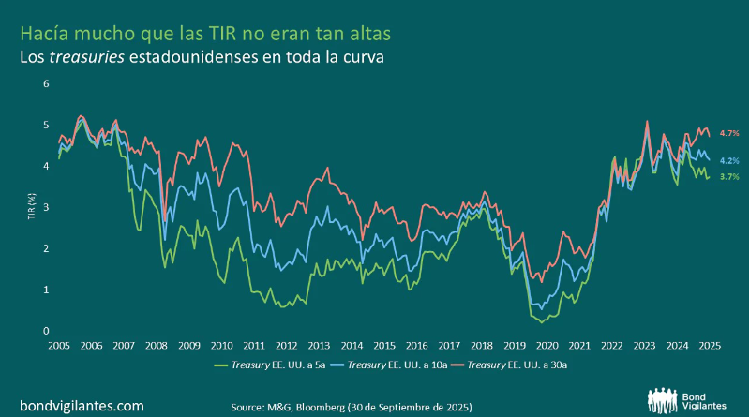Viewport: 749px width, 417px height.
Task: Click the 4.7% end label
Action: (x=729, y=135)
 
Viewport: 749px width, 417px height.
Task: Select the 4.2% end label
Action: (x=729, y=160)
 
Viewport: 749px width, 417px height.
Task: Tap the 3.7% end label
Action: (x=729, y=176)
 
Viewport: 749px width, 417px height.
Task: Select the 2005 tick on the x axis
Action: (x=58, y=346)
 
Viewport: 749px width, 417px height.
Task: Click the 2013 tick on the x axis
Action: (x=319, y=346)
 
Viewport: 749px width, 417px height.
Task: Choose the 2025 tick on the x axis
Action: (x=709, y=346)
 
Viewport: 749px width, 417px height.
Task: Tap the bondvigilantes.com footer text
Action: (x=82, y=406)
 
